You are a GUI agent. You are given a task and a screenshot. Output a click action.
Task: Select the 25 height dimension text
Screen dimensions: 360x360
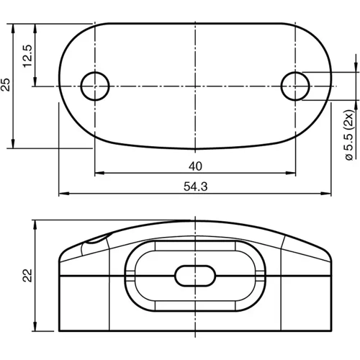pos(6,85)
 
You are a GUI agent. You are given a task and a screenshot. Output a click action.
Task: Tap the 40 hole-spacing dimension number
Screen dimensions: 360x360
pos(194,166)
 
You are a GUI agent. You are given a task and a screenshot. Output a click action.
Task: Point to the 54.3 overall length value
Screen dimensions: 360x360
pos(195,186)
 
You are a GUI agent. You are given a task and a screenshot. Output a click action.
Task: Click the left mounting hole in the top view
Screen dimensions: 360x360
pos(94,86)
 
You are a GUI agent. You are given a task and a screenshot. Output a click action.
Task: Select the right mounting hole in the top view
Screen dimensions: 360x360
pos(295,86)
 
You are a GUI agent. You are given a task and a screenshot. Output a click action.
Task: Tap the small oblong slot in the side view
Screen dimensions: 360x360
pos(195,276)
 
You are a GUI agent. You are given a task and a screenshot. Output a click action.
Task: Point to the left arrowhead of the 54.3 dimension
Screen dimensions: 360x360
pos(62,194)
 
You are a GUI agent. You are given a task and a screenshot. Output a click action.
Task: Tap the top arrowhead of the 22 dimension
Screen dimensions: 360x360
pos(34,224)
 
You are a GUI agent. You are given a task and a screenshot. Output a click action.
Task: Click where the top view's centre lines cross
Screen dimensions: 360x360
pos(195,86)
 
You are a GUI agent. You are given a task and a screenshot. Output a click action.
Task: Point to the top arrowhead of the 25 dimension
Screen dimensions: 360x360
pos(14,27)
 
